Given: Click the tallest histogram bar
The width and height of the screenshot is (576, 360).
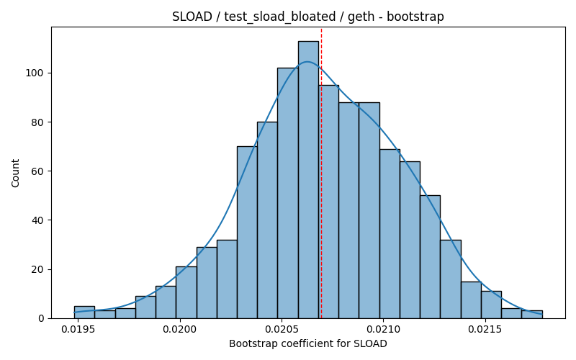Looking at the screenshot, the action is (x=308, y=180).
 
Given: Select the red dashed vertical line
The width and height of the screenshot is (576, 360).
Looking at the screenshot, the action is (x=321, y=174).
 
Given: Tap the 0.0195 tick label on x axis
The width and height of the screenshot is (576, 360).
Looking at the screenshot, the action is (x=78, y=330).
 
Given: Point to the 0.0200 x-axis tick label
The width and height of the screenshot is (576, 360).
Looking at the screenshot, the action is (x=179, y=330).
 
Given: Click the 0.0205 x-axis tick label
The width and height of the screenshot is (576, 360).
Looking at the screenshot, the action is (x=281, y=330).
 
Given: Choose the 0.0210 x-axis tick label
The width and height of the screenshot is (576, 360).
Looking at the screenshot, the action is (x=383, y=330).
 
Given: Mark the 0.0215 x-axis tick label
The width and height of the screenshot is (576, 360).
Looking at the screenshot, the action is (x=485, y=330).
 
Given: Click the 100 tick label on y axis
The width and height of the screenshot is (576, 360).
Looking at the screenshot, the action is (x=34, y=73).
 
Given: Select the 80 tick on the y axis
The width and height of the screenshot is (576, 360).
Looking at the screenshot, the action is (x=37, y=122).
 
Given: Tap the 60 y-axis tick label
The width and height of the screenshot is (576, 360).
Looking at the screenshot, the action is (x=37, y=171).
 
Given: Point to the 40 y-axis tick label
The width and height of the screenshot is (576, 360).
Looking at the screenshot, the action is (x=37, y=220).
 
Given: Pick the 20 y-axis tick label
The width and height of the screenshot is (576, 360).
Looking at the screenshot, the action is (x=37, y=269).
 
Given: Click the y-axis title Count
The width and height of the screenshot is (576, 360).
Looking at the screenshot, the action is (x=15, y=174).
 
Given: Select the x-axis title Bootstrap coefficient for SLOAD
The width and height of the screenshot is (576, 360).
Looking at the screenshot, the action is (x=308, y=344).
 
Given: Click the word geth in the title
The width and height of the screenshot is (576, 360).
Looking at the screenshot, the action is (x=361, y=17).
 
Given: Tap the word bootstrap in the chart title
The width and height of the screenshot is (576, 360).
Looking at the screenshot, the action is (x=415, y=17).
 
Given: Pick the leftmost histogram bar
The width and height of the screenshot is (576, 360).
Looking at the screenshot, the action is (x=84, y=312).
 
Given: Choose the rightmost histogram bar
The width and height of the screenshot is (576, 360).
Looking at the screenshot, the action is (x=532, y=315).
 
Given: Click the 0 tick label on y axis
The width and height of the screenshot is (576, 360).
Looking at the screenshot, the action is (x=40, y=318).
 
